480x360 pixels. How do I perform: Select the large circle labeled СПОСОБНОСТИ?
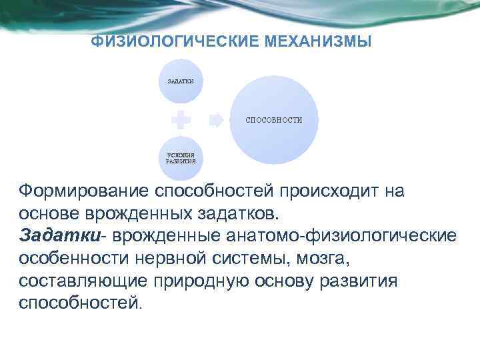273,120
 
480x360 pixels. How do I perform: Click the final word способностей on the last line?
78,303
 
